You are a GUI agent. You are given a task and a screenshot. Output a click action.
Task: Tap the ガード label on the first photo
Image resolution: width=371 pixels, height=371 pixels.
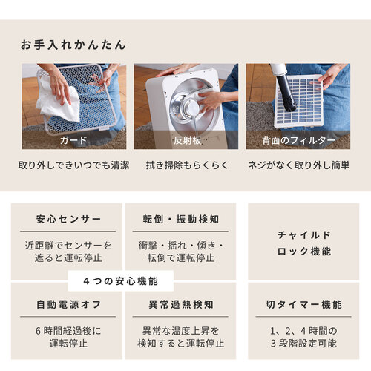[73, 140]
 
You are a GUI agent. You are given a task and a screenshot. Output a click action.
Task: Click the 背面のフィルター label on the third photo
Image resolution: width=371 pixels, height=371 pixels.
[298, 140]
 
